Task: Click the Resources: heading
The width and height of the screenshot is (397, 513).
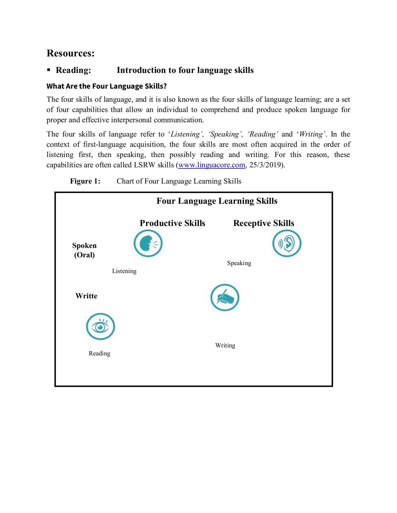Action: (70, 53)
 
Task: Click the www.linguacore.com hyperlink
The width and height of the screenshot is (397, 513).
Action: (211, 165)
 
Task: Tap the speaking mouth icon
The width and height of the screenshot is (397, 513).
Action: (148, 244)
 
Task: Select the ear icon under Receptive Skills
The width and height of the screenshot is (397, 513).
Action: (287, 243)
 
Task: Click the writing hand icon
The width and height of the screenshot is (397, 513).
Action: (225, 298)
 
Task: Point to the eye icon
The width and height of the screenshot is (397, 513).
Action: (100, 327)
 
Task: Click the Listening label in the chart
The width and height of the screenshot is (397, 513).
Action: (124, 271)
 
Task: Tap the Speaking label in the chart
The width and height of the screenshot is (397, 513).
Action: (239, 263)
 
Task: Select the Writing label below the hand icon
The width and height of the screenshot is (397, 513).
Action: (225, 345)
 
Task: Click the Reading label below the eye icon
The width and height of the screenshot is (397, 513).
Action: (99, 353)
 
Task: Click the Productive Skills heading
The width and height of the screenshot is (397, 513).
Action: (172, 223)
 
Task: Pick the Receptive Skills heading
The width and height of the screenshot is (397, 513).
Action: (263, 223)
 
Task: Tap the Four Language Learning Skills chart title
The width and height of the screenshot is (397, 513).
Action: (217, 201)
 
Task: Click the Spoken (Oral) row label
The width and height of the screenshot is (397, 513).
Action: (84, 250)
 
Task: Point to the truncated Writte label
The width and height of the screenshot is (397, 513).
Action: (86, 296)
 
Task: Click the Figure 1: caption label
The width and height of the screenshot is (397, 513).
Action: (85, 181)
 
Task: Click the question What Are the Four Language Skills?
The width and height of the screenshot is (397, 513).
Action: (106, 86)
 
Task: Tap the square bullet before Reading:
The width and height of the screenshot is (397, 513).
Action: (49, 70)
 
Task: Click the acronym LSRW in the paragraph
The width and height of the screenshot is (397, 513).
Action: (145, 165)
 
